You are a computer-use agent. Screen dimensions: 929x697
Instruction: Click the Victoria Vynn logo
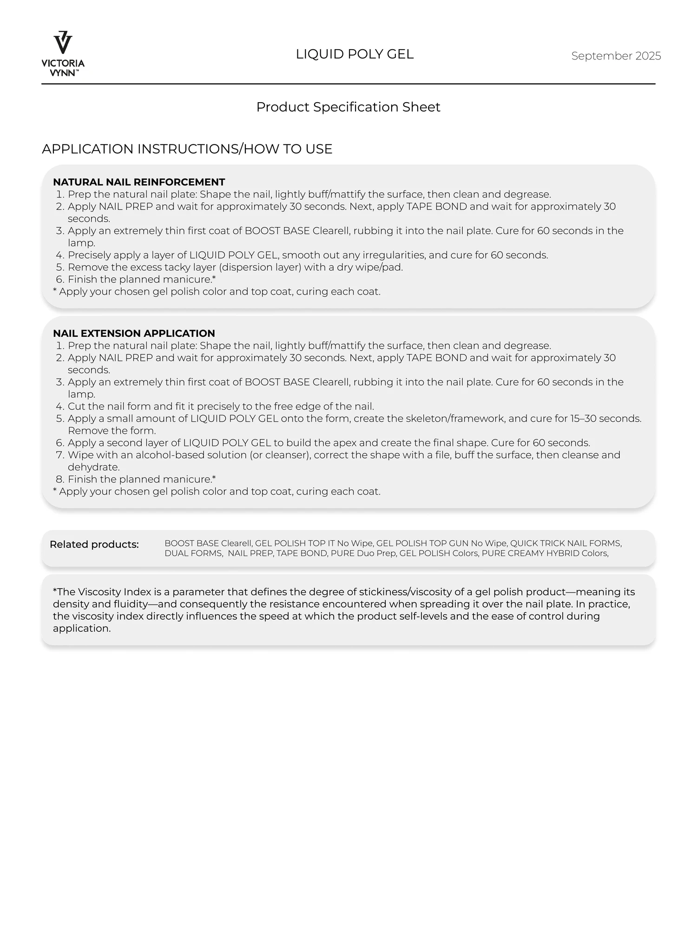coord(63,53)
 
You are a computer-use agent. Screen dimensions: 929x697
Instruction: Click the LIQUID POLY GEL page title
coord(355,54)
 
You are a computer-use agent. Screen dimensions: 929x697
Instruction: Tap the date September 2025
coord(616,56)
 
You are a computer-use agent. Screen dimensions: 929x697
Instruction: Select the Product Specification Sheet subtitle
coord(348,107)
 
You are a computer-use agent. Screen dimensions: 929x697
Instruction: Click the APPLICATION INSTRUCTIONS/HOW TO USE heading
coord(187,149)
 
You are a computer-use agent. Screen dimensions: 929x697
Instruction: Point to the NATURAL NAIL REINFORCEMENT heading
coord(139,182)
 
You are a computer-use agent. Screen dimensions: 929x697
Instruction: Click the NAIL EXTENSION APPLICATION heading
coord(134,334)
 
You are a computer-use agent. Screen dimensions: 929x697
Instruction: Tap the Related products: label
coord(94,544)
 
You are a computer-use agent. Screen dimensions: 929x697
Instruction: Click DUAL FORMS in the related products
coord(193,553)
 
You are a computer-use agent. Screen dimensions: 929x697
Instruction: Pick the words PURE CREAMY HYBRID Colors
coord(545,553)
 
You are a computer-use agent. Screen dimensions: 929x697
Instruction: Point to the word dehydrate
coord(93,467)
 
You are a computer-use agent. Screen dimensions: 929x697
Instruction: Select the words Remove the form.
coord(112,431)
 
